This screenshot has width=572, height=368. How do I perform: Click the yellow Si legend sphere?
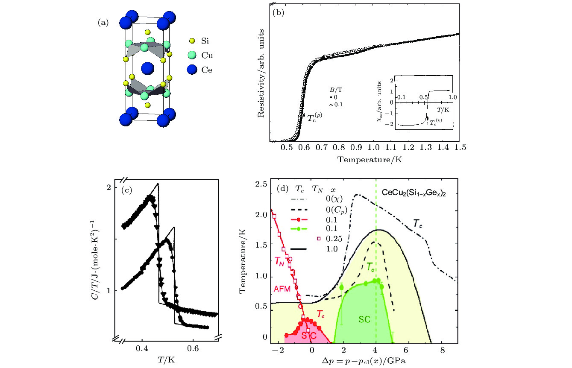point(192,41)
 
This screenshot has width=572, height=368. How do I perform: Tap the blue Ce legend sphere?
point(192,70)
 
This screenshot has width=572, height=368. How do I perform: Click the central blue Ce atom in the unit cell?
point(147,68)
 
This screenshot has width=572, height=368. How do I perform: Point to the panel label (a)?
point(103,23)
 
